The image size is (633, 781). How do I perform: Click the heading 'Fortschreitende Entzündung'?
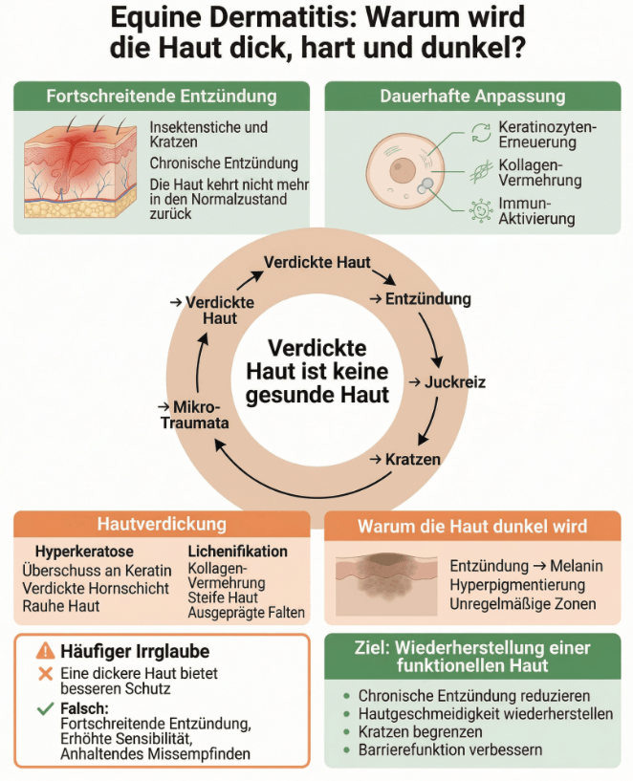[x=162, y=97]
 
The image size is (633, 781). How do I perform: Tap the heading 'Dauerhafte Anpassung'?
[x=472, y=97]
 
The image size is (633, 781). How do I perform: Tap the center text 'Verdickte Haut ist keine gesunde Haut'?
[x=316, y=372]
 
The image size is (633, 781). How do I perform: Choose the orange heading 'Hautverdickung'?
[x=162, y=524]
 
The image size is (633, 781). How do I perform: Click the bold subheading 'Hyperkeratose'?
[x=84, y=552]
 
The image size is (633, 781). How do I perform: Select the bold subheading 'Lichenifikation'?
[x=237, y=552]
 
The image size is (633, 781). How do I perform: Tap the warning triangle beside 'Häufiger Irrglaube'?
[x=45, y=651]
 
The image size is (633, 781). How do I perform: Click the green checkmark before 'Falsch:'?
[x=43, y=709]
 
